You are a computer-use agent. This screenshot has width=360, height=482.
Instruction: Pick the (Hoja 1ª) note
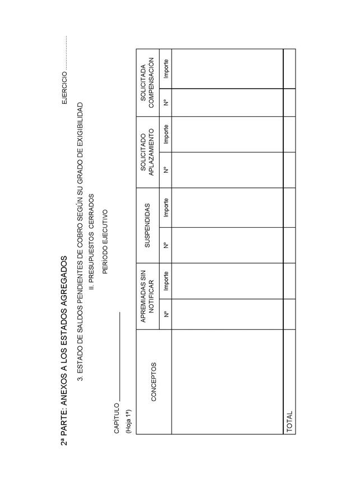(x=128, y=421)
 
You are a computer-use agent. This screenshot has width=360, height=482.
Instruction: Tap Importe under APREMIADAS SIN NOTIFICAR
(x=165, y=279)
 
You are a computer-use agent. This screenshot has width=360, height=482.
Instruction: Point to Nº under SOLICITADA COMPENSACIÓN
(x=165, y=102)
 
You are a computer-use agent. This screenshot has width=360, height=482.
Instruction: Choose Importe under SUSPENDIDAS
(x=165, y=207)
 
